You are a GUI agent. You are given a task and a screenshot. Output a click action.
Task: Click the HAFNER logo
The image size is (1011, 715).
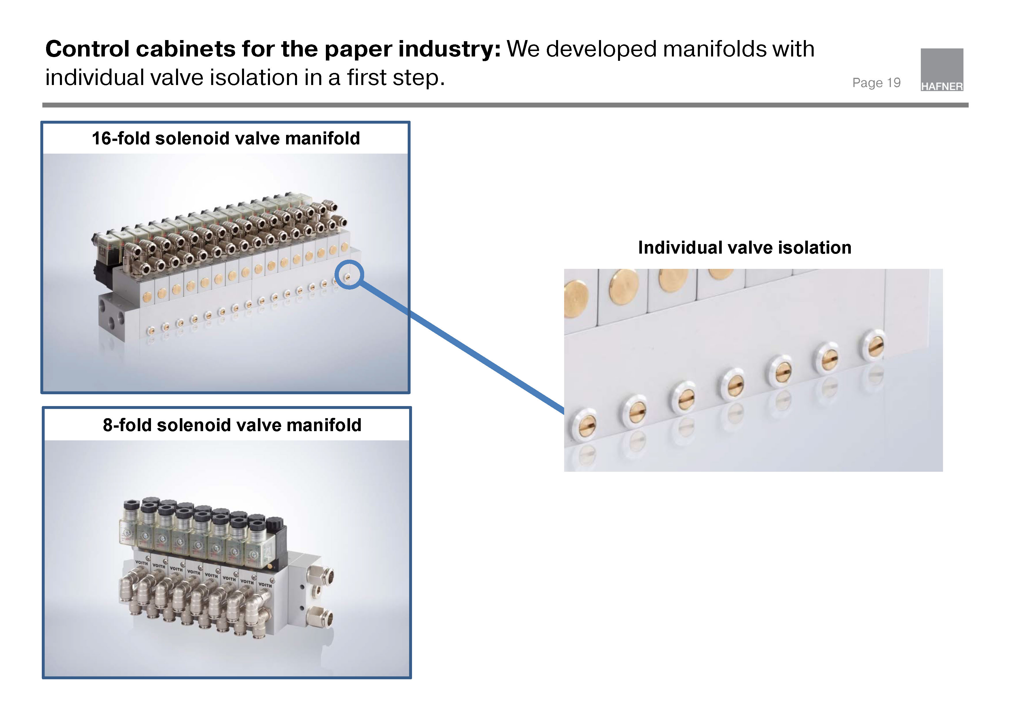click(x=942, y=70)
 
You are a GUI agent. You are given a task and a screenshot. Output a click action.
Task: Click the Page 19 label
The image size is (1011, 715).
click(x=876, y=83)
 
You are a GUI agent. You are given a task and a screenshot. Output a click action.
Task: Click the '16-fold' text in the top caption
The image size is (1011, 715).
click(x=121, y=138)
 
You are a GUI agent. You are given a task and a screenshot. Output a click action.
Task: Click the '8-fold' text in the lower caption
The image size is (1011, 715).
click(x=127, y=425)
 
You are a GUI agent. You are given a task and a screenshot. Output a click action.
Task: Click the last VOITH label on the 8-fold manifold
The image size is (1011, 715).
click(x=265, y=585)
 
